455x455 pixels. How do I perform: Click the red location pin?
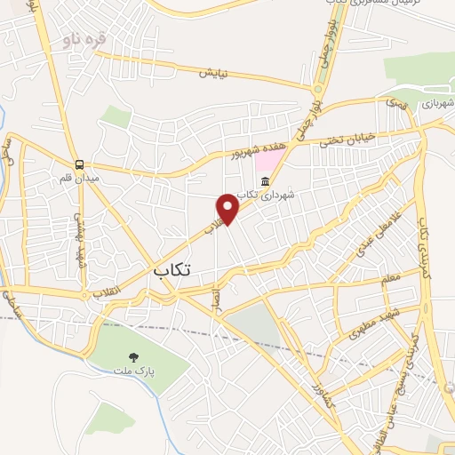(228, 207)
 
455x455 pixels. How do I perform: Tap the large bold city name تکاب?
(172, 269)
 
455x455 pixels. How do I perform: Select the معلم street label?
(391, 282)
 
